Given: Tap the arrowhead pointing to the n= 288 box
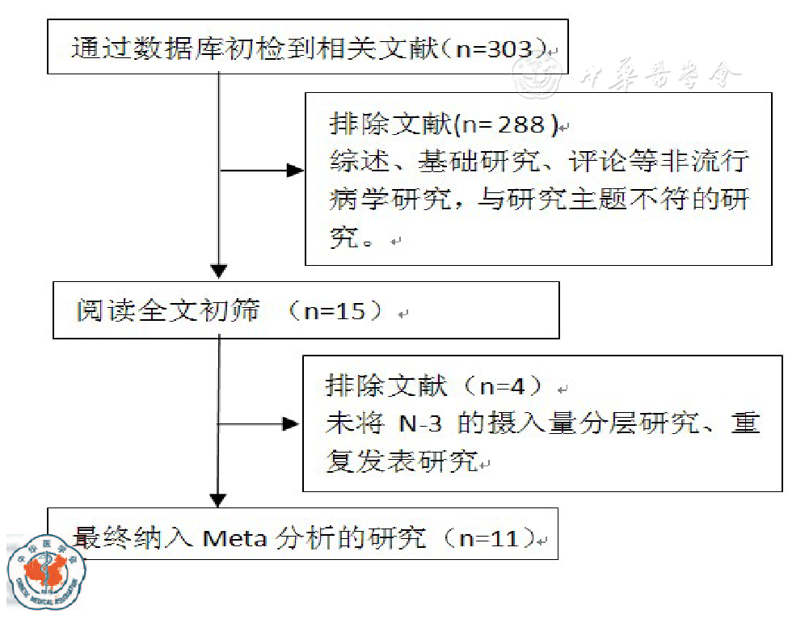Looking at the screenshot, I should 295,171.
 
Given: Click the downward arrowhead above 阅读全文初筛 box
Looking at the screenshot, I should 219,272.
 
